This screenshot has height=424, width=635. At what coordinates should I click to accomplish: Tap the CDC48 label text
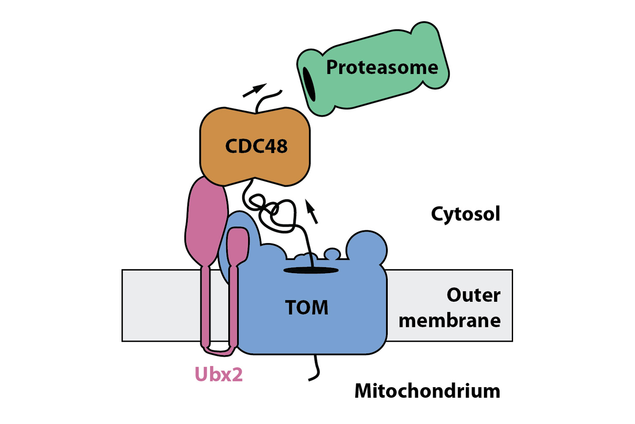tap(257, 146)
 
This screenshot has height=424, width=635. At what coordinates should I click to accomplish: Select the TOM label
tap(307, 308)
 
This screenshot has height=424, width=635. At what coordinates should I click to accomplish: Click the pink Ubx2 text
tap(218, 374)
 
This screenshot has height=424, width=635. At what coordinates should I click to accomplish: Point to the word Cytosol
tap(465, 214)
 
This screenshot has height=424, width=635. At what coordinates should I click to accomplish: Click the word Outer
tap(473, 295)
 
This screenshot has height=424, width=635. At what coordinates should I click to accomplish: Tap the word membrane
tap(450, 321)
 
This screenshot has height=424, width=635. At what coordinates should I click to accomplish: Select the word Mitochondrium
tap(427, 391)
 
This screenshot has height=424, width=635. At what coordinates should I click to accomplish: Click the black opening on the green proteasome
tap(309, 84)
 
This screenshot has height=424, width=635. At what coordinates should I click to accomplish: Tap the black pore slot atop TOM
tap(311, 270)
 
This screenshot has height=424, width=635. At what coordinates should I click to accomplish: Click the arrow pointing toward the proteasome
tap(254, 90)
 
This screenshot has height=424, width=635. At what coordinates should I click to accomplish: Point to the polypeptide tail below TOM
tap(315, 369)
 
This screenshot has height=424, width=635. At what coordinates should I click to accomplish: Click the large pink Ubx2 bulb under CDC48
tap(207, 220)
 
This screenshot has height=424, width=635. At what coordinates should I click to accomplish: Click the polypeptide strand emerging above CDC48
tap(267, 100)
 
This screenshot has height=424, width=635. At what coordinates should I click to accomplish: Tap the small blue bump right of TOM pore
tap(332, 254)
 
